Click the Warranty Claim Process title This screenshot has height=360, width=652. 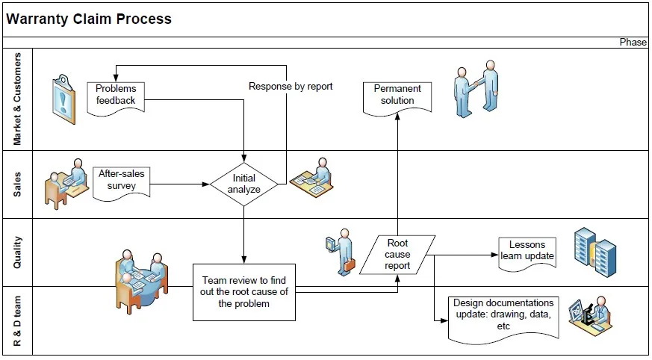click(x=89, y=19)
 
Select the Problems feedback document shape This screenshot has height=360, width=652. click(x=115, y=96)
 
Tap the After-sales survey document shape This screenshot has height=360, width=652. click(x=122, y=180)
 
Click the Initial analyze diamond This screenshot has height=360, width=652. click(x=244, y=184)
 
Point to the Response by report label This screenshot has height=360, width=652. click(x=291, y=87)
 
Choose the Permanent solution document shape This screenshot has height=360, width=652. click(x=397, y=96)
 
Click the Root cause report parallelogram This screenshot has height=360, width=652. click(x=397, y=255)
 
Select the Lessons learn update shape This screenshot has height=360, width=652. click(x=527, y=252)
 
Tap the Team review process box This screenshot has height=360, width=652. click(x=244, y=292)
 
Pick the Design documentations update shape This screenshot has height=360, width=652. click(x=503, y=317)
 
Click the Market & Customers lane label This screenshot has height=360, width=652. click(x=18, y=99)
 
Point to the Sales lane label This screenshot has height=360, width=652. click(x=18, y=184)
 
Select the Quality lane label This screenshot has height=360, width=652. click(x=18, y=252)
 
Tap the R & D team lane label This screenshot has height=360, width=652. click(x=18, y=321)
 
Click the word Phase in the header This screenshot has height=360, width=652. click(x=633, y=43)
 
